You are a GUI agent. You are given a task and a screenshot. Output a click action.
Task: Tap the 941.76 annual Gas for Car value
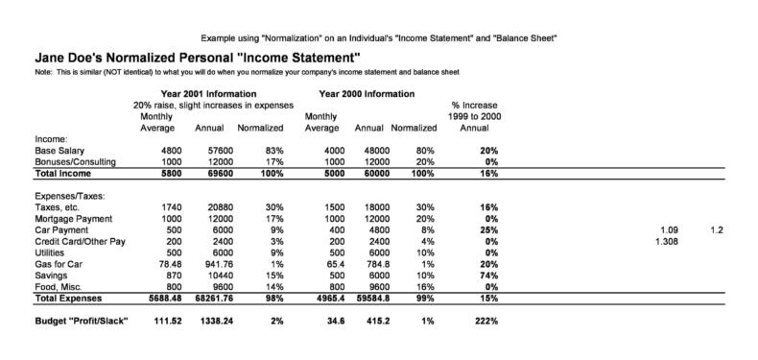tap(206, 263)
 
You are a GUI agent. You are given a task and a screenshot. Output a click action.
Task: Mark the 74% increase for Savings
tap(488, 275)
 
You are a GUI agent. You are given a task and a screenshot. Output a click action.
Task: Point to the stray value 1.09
tap(670, 230)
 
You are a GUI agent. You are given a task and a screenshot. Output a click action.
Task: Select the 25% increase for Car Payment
tap(488, 230)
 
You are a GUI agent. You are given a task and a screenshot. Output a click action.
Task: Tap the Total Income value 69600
tap(208, 173)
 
